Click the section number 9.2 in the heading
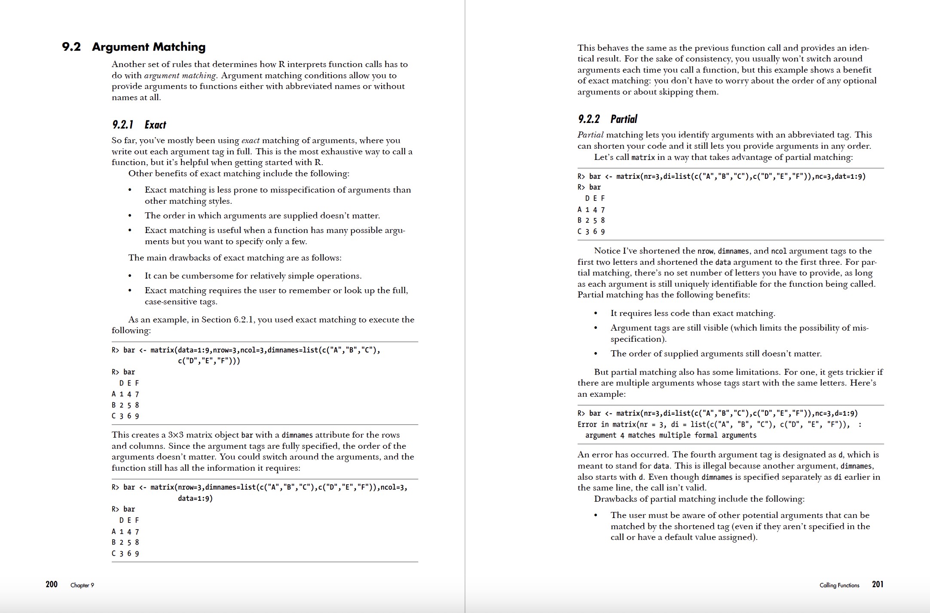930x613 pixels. (71, 47)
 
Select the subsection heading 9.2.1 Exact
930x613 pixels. (139, 125)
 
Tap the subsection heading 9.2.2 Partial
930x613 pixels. (607, 119)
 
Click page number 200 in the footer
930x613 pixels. (52, 584)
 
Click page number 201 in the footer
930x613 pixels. (878, 584)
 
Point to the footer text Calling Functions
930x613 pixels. (839, 585)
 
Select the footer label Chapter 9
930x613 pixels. (82, 585)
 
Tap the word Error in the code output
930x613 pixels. (587, 424)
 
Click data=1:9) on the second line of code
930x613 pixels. (195, 498)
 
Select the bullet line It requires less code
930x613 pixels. (692, 313)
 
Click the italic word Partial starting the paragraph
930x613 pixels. (590, 135)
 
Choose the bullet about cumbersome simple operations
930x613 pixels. (253, 276)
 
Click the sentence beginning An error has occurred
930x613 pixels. (623, 454)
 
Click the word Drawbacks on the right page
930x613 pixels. (614, 499)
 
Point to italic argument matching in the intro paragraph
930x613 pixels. (180, 75)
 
